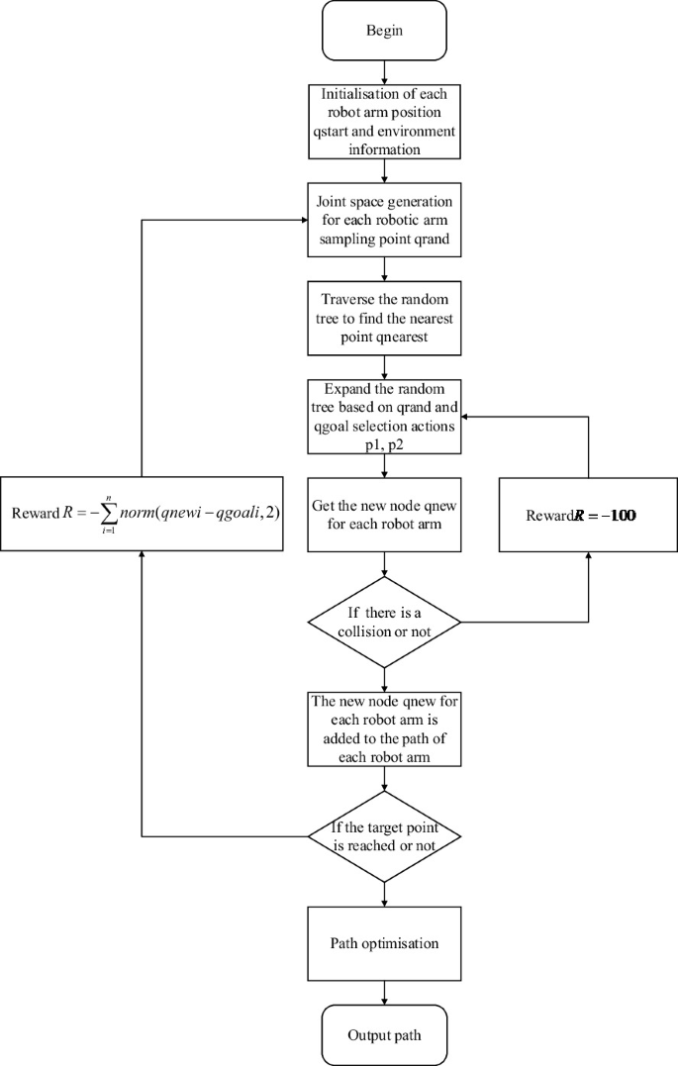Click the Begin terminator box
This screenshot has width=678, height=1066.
tap(383, 30)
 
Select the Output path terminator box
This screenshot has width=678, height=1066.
tap(383, 1035)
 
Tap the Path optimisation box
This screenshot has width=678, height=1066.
tap(383, 942)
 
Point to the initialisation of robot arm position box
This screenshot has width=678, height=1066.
tap(383, 122)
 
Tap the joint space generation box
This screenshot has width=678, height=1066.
tap(383, 220)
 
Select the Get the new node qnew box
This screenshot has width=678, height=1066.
tap(383, 516)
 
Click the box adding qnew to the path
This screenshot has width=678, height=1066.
tap(383, 728)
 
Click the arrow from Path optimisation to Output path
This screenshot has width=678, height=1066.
tap(383, 993)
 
